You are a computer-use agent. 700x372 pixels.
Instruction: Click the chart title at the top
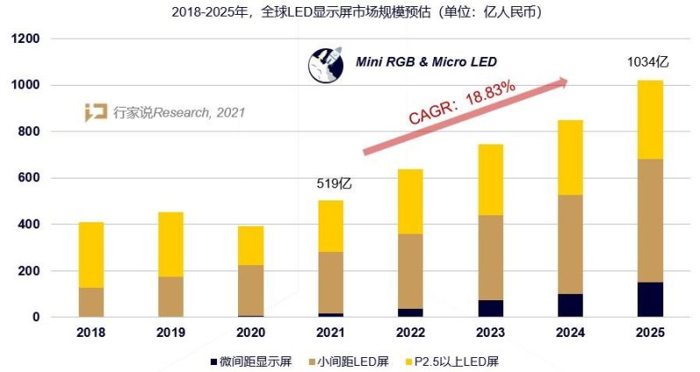click(x=350, y=11)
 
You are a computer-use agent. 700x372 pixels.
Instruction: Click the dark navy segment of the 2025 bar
click(x=650, y=299)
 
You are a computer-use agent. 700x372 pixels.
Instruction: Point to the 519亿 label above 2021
click(x=333, y=185)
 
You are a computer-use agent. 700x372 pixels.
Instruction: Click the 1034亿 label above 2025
click(x=648, y=62)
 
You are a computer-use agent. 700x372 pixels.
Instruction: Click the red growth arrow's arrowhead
click(x=562, y=82)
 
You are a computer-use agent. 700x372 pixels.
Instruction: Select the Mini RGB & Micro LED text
click(x=425, y=61)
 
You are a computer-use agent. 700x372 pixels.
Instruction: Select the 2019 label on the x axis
click(x=171, y=333)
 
